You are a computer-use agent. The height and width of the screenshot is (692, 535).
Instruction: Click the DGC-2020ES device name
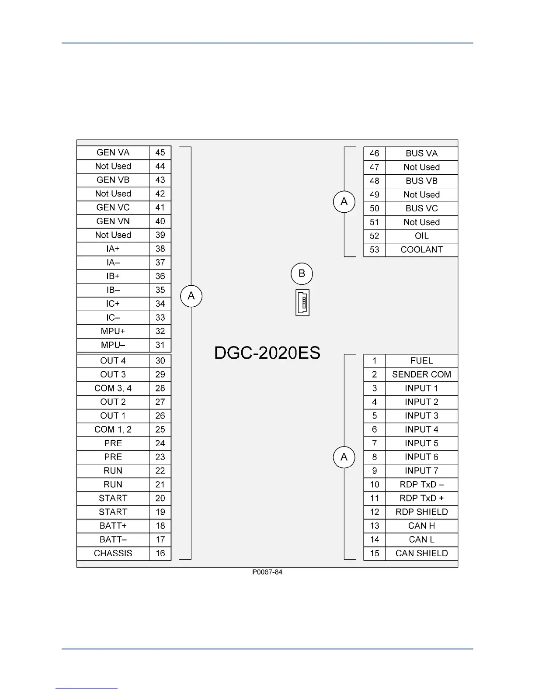(267, 353)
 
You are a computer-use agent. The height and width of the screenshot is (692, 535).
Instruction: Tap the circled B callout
(302, 274)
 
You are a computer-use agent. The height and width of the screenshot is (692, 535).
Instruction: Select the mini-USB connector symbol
(302, 302)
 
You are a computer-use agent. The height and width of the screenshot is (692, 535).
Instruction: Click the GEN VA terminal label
(113, 152)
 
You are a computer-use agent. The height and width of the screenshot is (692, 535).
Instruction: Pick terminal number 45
(160, 152)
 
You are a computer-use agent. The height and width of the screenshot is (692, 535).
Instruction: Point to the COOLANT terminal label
(421, 249)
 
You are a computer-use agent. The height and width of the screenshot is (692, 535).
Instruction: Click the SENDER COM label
(421, 374)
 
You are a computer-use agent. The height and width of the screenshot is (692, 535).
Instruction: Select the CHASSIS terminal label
(113, 553)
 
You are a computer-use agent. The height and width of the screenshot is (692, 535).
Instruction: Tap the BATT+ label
(113, 526)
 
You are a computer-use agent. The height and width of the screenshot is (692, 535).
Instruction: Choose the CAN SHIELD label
(421, 553)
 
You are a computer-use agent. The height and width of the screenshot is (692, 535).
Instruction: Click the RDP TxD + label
(421, 498)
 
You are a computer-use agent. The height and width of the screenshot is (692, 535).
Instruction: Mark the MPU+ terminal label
(113, 331)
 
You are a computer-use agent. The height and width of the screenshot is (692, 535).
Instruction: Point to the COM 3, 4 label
(113, 388)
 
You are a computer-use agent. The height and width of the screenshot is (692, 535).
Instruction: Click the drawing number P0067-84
(267, 572)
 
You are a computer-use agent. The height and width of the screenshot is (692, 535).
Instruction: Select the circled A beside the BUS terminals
(344, 201)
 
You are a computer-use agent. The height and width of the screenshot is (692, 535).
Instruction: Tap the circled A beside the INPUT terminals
(344, 457)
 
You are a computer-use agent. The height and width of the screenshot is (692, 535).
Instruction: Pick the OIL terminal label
(421, 236)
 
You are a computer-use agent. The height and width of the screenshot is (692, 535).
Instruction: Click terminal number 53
(374, 249)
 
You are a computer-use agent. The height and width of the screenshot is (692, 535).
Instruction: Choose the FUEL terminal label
(421, 361)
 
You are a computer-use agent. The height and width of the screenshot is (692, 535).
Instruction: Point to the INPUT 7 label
(421, 471)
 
